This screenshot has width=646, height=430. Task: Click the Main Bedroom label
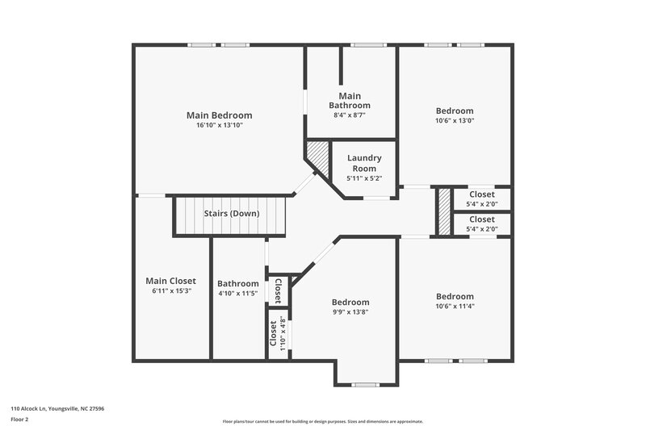click(219, 115)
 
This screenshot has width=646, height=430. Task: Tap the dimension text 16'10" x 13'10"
click(219, 126)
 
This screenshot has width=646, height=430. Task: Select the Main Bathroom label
click(350, 101)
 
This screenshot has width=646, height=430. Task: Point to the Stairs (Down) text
click(232, 214)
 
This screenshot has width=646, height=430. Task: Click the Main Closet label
click(170, 281)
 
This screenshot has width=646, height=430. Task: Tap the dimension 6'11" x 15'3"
click(170, 291)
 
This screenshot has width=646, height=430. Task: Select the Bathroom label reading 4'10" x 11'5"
click(238, 284)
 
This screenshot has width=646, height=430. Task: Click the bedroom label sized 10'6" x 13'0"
click(455, 111)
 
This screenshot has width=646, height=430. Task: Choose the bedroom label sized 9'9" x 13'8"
click(350, 303)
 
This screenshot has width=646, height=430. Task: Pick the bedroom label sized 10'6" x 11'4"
click(455, 295)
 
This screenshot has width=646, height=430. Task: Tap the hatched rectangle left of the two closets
click(443, 211)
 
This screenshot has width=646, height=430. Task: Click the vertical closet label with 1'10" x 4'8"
click(274, 332)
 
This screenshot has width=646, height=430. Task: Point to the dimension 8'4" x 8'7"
click(350, 115)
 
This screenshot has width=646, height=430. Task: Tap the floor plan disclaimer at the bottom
click(322, 421)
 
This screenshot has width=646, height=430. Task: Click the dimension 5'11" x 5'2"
click(364, 178)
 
